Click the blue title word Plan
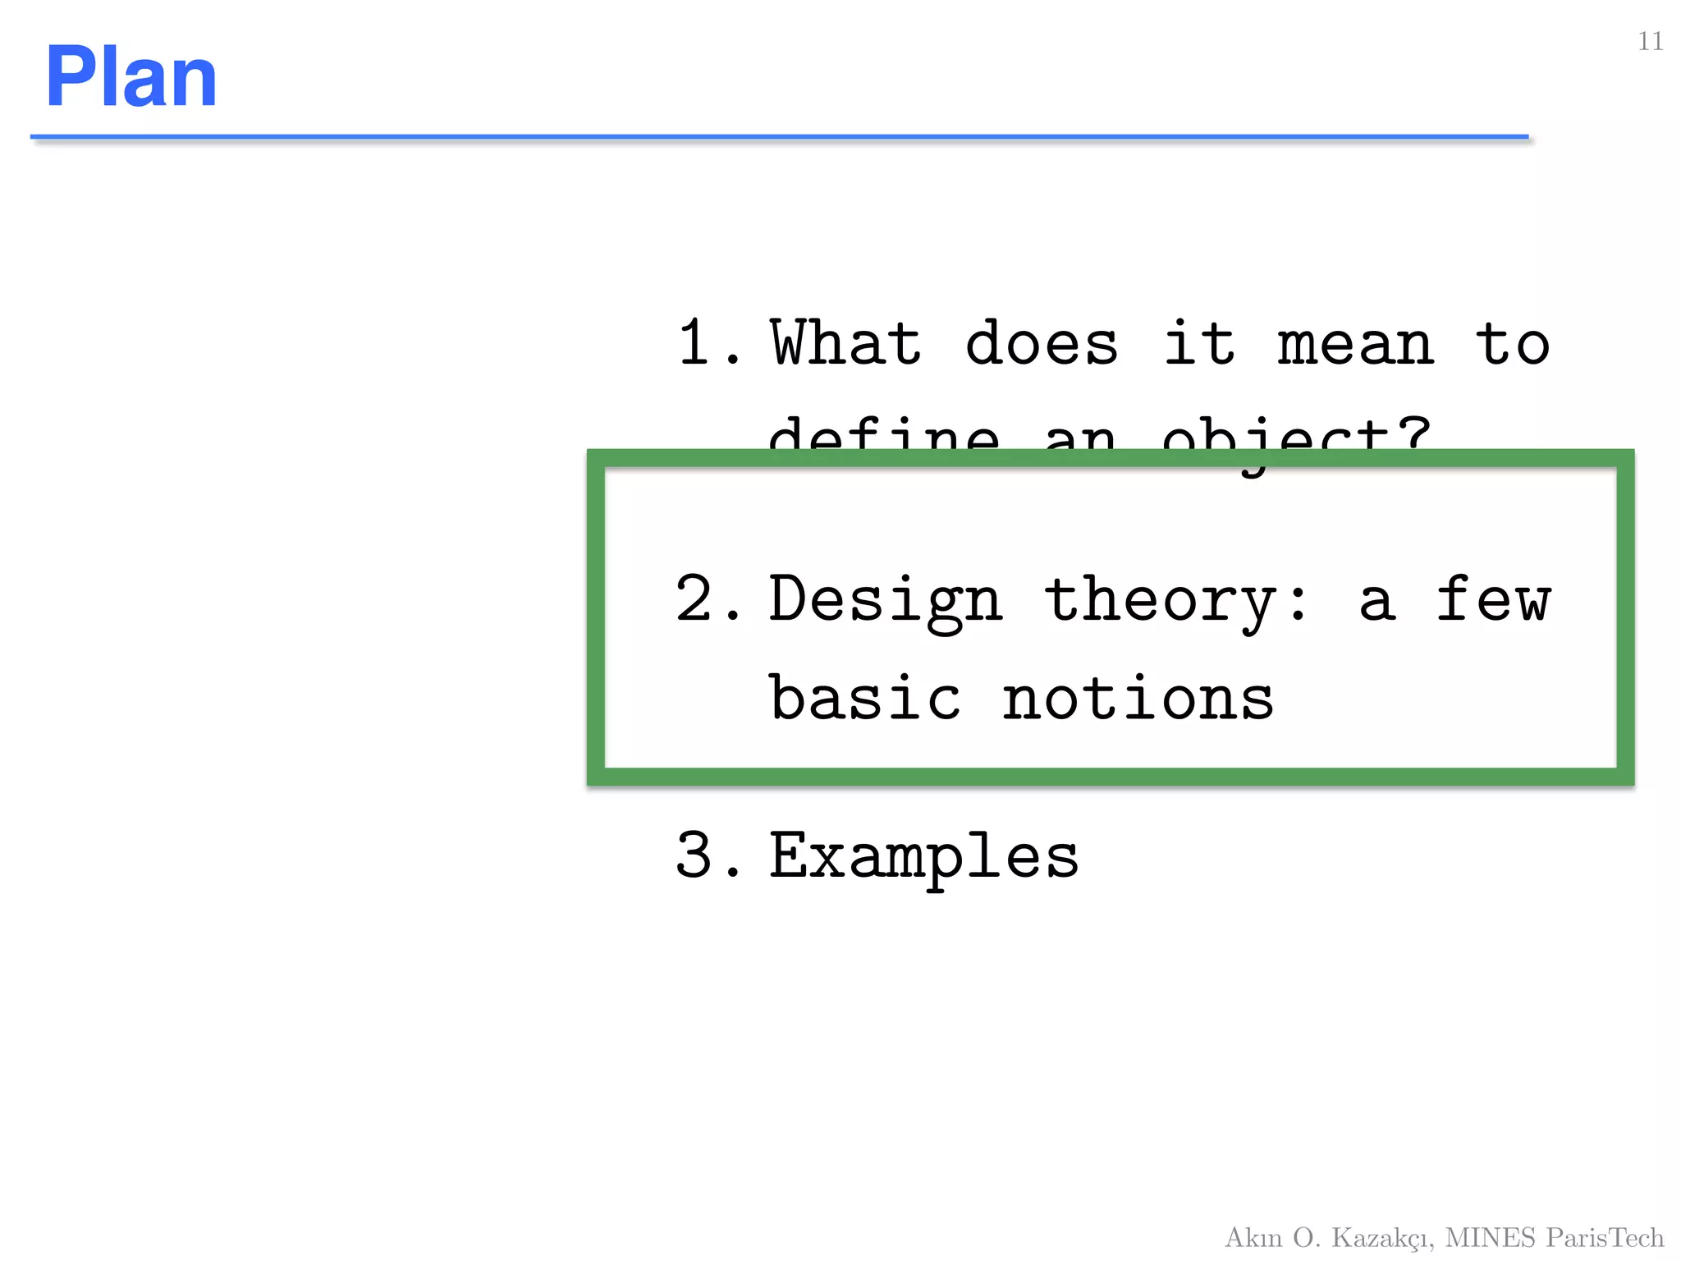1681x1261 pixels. click(131, 77)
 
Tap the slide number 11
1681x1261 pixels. click(1650, 42)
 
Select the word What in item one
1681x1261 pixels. click(845, 343)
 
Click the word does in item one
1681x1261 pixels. click(1042, 343)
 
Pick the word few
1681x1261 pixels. click(1493, 599)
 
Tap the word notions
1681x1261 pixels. click(1138, 699)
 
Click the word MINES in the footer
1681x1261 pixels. click(1490, 1237)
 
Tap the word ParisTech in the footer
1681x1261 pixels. click(1605, 1237)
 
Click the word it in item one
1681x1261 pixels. click(1199, 343)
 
